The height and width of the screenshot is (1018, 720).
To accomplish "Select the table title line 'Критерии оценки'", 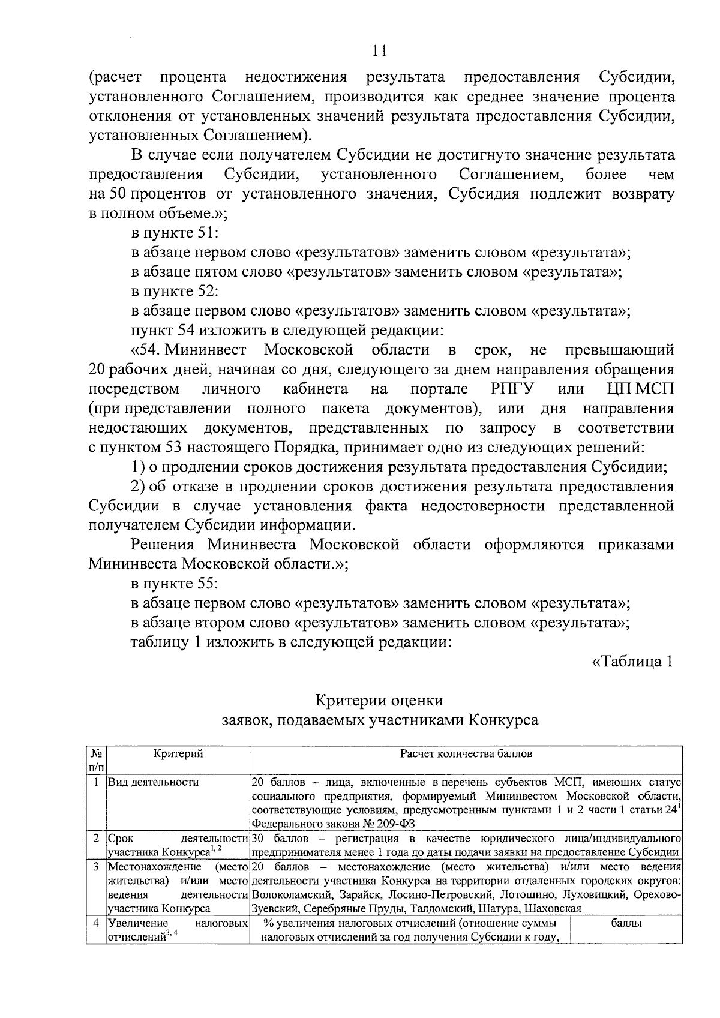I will pyautogui.click(x=379, y=700).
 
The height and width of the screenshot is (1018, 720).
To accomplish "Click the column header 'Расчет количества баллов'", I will pyautogui.click(x=466, y=754).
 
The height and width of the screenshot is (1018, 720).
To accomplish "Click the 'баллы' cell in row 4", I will pyautogui.click(x=626, y=923).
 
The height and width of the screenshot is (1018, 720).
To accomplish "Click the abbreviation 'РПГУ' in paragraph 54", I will pyautogui.click(x=508, y=389).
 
